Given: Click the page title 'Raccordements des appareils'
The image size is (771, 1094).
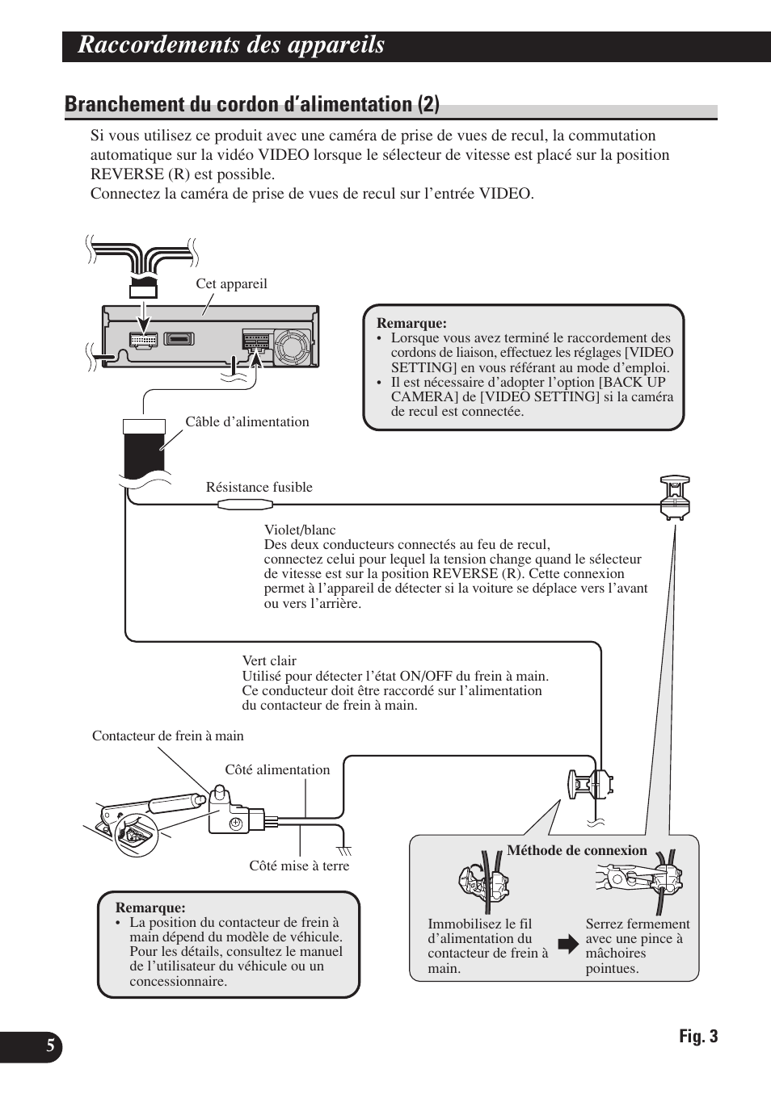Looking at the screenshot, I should pyautogui.click(x=231, y=46).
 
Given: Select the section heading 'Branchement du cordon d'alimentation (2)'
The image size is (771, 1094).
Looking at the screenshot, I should pyautogui.click(x=252, y=104).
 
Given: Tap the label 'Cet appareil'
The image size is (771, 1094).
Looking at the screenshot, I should pyautogui.click(x=231, y=284).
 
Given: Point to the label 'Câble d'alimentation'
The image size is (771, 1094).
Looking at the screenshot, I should pyautogui.click(x=247, y=421).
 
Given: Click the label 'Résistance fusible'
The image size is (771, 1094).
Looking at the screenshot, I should pyautogui.click(x=259, y=487).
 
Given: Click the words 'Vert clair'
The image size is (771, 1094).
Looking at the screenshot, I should pyautogui.click(x=269, y=661).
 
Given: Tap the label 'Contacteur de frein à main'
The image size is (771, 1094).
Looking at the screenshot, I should pyautogui.click(x=167, y=736).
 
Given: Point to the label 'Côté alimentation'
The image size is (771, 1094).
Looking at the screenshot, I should pyautogui.click(x=277, y=770).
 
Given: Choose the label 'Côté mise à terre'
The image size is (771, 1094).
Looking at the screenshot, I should pyautogui.click(x=299, y=866).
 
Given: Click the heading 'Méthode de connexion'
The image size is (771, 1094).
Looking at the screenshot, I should pyautogui.click(x=577, y=850).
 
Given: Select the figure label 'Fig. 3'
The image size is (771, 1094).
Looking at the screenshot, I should pyautogui.click(x=697, y=1037).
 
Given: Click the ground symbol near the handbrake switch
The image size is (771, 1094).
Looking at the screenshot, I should pyautogui.click(x=345, y=850).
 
